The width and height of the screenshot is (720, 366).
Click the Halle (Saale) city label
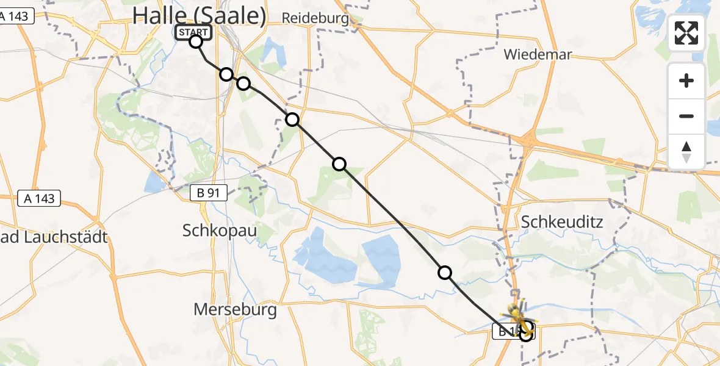(199, 15)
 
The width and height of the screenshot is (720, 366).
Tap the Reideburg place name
(315, 18)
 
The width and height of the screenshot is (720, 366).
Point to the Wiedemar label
(537, 55)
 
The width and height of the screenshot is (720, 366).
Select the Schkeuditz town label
(561, 222)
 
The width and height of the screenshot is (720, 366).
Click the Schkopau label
(220, 230)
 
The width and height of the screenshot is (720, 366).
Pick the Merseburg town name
(235, 309)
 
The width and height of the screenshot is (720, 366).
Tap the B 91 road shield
(208, 193)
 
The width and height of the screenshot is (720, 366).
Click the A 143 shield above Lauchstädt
(39, 198)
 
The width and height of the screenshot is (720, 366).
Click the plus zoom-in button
(686, 81)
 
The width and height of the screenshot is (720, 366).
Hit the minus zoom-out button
(686, 116)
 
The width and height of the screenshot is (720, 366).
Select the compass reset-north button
(686, 152)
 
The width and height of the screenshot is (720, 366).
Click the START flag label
(193, 32)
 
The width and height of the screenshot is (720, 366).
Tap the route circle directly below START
(196, 41)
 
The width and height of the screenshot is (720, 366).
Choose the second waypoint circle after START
(243, 83)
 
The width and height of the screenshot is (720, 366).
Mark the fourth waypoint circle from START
(339, 163)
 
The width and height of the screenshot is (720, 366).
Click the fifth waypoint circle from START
(445, 273)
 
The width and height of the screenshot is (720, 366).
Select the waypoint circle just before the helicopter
(445, 273)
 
